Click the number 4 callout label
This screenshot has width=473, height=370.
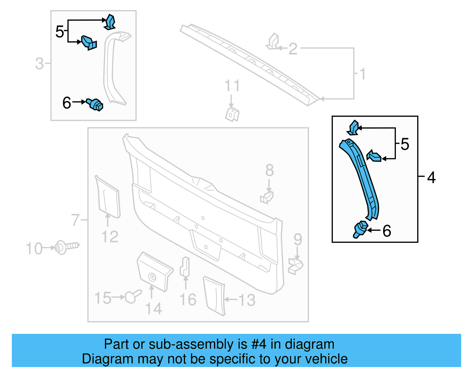(431, 177)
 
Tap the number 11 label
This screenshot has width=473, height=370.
(232, 86)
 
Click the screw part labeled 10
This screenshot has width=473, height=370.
(67, 246)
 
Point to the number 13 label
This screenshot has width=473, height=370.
(247, 300)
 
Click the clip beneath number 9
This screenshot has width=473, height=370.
(296, 266)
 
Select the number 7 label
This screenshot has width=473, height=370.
(75, 220)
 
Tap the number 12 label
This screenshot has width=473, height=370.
(110, 237)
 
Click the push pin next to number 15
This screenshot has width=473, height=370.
(132, 296)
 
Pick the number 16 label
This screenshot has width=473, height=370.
(188, 299)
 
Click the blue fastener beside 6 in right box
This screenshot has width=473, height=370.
(361, 229)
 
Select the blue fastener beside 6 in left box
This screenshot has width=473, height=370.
(95, 105)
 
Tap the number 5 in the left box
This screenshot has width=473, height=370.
(59, 31)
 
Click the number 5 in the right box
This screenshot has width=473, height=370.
(405, 144)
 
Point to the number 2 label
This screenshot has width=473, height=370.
(293, 49)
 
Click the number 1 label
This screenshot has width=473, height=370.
(362, 74)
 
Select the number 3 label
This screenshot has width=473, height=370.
(39, 64)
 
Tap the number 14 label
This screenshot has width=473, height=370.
(154, 309)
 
